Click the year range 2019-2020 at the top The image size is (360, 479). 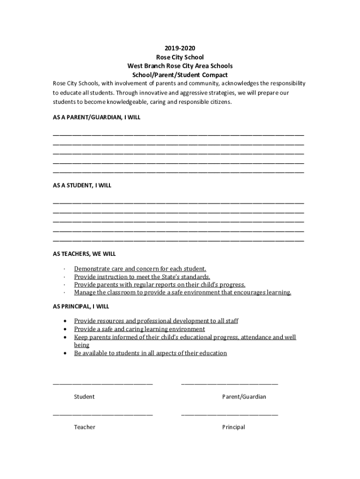pos(180,48)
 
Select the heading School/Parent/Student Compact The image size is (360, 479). pos(180,75)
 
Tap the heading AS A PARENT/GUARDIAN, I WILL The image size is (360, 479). pos(96,117)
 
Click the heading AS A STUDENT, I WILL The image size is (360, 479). pos(82,185)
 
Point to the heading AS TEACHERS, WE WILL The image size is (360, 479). pos(84,254)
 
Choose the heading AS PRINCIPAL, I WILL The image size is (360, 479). pos(80,306)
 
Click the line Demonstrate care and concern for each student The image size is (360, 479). pos(140,269)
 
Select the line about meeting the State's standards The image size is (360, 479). pos(142,277)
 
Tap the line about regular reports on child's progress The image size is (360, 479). pos(159,285)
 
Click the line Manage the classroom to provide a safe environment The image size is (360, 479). pos(182,293)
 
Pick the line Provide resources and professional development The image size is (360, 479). pos(156,321)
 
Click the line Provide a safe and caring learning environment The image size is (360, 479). pos(139,329)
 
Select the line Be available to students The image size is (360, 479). pos(150,353)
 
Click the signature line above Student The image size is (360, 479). pos(102,384)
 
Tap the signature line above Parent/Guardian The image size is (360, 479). pos(229,384)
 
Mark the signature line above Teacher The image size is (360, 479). pos(102,414)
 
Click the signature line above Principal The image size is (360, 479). pos(229,414)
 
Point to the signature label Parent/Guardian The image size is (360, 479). pos(244,397)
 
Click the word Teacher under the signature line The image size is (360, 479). pos(85,427)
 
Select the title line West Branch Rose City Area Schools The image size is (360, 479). pos(180,66)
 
